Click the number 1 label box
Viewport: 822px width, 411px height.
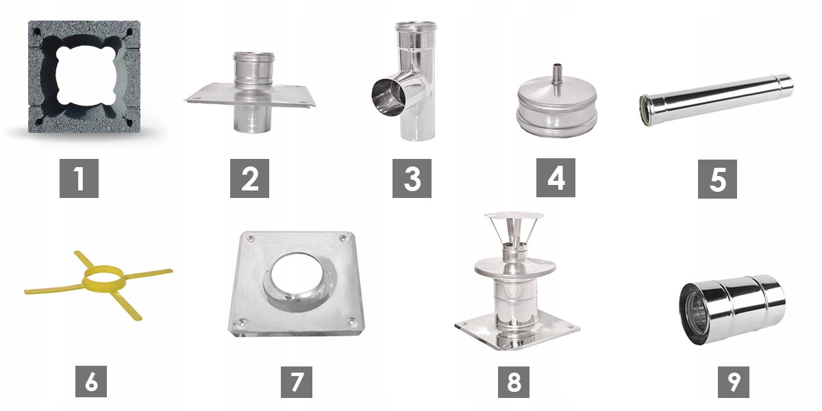click(79, 178)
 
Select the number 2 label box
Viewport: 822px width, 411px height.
click(249, 178)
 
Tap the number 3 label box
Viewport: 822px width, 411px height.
click(412, 178)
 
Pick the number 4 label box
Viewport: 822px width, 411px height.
click(556, 177)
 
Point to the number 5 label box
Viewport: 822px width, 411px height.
click(717, 179)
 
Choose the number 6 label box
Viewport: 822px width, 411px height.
click(91, 382)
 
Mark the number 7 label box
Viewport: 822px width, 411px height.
click(297, 382)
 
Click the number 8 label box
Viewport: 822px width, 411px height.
click(514, 382)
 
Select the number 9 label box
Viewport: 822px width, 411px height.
click(734, 382)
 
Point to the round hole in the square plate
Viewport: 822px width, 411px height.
click(298, 279)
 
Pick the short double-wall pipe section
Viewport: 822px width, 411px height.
click(732, 310)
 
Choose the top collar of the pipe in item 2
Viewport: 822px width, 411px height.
click(253, 62)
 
